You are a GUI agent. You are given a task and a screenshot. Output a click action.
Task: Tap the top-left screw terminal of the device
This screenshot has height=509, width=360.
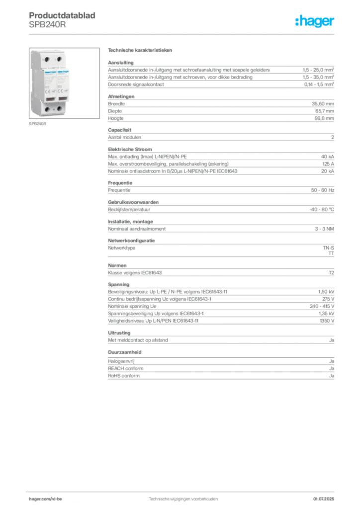tap(48, 59)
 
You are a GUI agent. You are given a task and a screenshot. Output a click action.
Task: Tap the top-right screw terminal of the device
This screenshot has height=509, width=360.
tap(60, 59)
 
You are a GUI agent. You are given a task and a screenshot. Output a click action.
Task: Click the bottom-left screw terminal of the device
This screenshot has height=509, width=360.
tap(48, 108)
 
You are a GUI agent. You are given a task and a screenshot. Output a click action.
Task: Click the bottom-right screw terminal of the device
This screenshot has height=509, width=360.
tap(60, 108)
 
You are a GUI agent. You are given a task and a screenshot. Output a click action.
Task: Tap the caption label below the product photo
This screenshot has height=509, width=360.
tap(38, 124)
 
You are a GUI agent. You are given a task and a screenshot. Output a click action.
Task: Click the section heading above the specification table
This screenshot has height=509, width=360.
tap(141, 51)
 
